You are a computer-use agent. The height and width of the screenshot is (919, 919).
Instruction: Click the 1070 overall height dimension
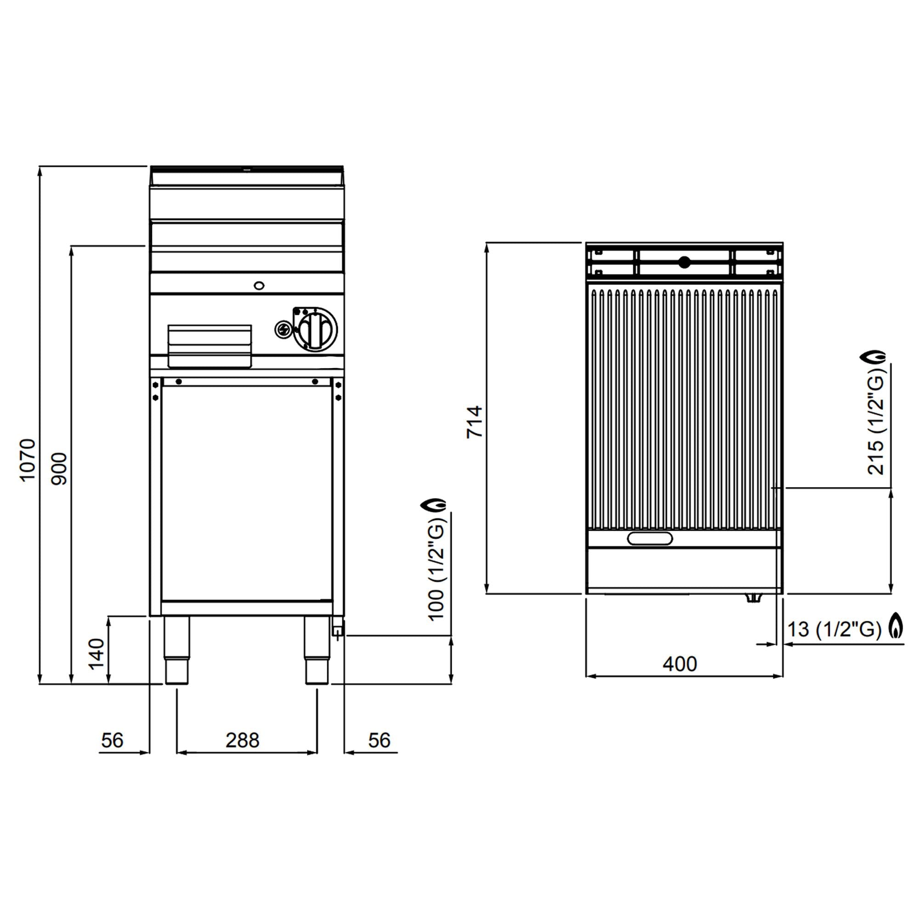pos(27,460)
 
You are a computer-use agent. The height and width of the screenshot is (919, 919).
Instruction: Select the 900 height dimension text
pos(59,469)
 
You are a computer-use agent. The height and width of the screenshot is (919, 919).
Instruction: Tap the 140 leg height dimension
pos(96,653)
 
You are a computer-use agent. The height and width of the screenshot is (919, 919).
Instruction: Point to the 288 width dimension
pos(242,740)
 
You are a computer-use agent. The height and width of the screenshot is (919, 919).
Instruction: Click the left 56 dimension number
pos(112,740)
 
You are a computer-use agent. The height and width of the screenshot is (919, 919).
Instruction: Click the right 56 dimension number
pos(379,740)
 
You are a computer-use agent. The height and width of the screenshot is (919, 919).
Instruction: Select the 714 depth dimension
pos(474,421)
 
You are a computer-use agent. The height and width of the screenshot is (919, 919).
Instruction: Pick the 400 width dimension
pos(680,664)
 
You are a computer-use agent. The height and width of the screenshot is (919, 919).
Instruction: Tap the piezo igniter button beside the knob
pos(283,329)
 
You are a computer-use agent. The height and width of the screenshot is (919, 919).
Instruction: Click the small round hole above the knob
pos(259,285)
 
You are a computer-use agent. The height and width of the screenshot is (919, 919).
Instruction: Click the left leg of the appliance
pos(176,650)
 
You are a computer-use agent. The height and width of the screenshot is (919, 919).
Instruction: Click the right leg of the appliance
pos(316,650)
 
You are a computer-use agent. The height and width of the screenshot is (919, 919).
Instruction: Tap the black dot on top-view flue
pos(684,261)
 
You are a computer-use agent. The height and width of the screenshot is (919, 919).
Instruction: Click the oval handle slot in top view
pos(650,539)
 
